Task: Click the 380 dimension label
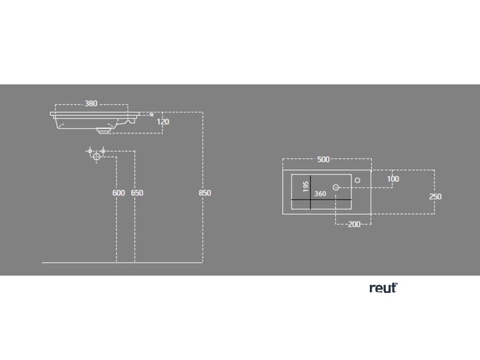tap(91, 104)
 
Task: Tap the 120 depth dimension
tap(163, 122)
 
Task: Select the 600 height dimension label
tap(119, 193)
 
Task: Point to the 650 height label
tap(137, 193)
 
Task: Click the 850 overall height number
tap(205, 193)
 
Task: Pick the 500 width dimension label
tap(323, 159)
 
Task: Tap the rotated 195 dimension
tap(306, 186)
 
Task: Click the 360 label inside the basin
tap(321, 194)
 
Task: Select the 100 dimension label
tap(393, 179)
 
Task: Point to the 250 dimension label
tap(435, 196)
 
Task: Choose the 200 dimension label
tap(354, 225)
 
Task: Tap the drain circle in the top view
tap(336, 187)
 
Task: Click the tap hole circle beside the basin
tap(357, 179)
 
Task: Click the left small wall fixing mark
tap(90, 151)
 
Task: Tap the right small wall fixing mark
tap(103, 151)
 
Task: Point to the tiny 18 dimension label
tap(151, 114)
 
